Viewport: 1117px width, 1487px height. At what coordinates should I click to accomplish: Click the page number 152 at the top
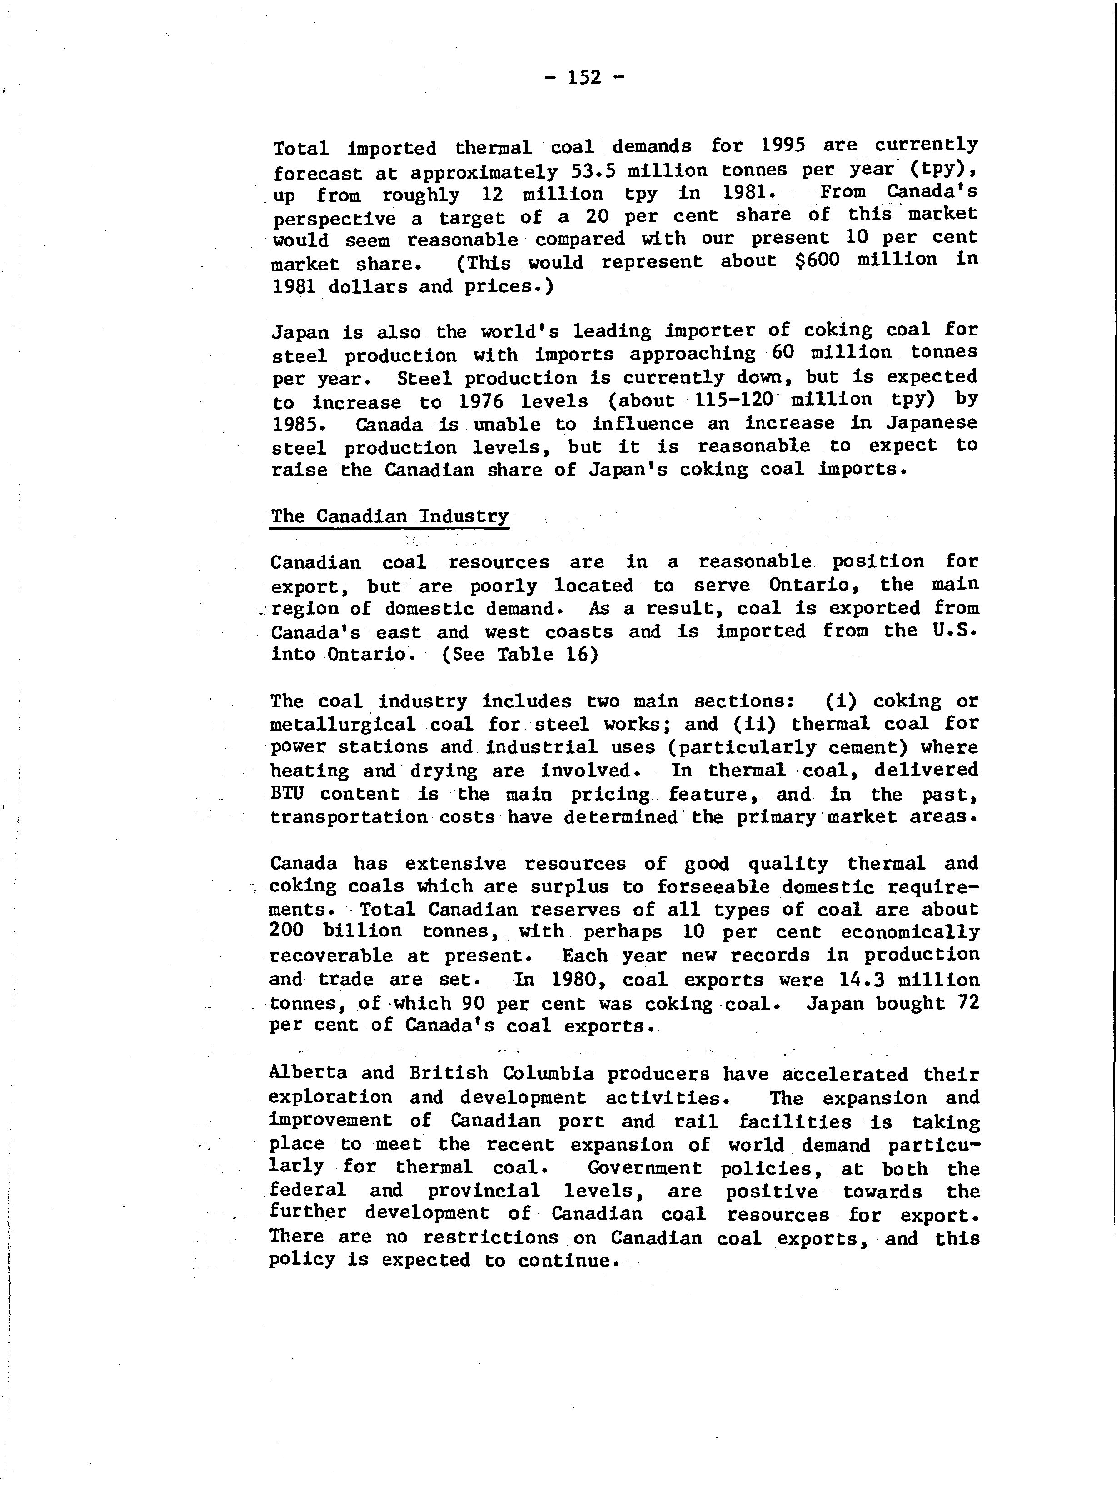tap(583, 78)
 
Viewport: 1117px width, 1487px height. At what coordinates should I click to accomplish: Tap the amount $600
tap(817, 260)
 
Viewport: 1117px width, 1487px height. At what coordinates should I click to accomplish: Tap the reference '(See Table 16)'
tap(519, 654)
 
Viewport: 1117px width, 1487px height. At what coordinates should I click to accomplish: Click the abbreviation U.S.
tap(954, 631)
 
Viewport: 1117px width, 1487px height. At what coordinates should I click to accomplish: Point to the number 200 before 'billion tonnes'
tap(287, 931)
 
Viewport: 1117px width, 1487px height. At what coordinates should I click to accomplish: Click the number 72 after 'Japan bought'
tap(966, 1002)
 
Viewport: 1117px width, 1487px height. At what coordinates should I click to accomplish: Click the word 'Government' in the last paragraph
tap(644, 1168)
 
